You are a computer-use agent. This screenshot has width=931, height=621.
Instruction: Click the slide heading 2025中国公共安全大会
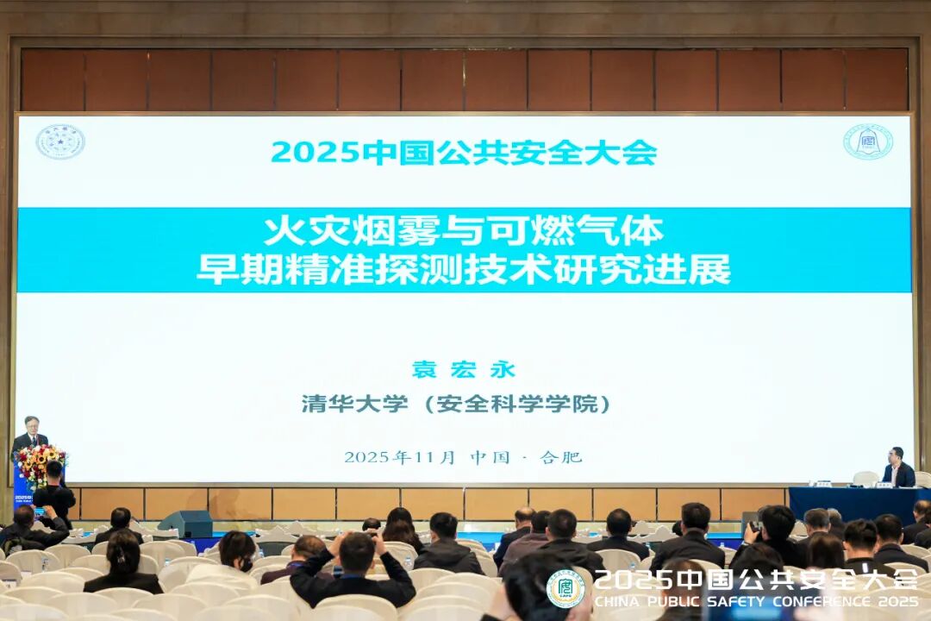(x=464, y=153)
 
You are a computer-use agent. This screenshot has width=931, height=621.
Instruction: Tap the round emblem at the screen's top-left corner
(x=59, y=141)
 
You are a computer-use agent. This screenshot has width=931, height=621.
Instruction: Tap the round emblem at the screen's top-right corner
(x=867, y=141)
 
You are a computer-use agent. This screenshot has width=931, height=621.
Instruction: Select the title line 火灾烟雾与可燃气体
(x=464, y=230)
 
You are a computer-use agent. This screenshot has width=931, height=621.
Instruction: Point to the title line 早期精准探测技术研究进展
(x=464, y=269)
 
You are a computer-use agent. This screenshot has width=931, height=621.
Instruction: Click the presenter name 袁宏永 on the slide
(x=464, y=370)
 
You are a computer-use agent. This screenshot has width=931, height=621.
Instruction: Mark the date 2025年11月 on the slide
(x=399, y=457)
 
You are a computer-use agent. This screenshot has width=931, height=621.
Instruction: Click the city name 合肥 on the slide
(x=561, y=457)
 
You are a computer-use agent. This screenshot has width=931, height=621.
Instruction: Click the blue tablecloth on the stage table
(x=853, y=503)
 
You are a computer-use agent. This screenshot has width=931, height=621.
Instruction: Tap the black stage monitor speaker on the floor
(x=185, y=523)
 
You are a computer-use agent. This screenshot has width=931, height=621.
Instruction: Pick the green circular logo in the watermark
(x=565, y=588)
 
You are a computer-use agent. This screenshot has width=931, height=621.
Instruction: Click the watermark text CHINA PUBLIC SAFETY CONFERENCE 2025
(x=757, y=601)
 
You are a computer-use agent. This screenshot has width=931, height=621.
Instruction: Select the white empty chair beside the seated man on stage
(x=865, y=478)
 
